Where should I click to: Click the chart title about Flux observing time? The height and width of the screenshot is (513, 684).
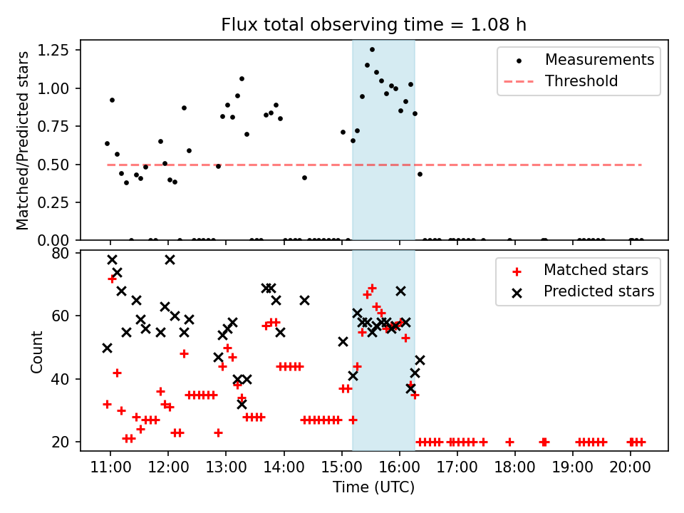point(374,26)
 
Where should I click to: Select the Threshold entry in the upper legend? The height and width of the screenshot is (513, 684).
point(581,81)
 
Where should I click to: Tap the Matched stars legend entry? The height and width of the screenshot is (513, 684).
point(596,270)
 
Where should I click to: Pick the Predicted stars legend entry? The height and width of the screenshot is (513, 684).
point(599,291)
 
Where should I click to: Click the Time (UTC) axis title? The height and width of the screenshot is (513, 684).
point(373,488)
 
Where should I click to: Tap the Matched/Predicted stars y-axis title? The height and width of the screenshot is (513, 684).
point(24,140)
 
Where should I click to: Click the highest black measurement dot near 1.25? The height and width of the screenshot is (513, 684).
point(372,49)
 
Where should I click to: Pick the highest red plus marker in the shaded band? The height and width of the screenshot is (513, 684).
point(372,288)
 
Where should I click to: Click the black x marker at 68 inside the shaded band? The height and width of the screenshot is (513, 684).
point(400,291)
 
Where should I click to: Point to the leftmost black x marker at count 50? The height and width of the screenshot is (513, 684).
point(107,348)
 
